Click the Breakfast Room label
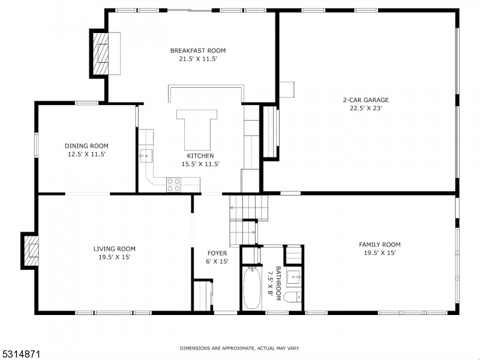(x=197, y=50)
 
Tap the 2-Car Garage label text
(x=365, y=100)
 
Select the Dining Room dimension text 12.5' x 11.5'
(x=86, y=154)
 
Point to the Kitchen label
(x=200, y=156)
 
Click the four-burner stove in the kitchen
(x=173, y=185)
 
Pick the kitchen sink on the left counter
(x=146, y=157)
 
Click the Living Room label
(x=114, y=249)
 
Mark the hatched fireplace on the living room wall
(x=30, y=250)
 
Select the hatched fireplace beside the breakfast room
(x=100, y=52)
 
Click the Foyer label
(x=217, y=253)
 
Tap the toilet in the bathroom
(x=292, y=298)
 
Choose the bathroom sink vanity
(x=293, y=278)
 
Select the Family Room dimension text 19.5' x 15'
(x=379, y=253)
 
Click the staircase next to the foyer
(x=248, y=219)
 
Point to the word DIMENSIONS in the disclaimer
(x=196, y=348)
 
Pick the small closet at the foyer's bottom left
(x=203, y=295)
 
